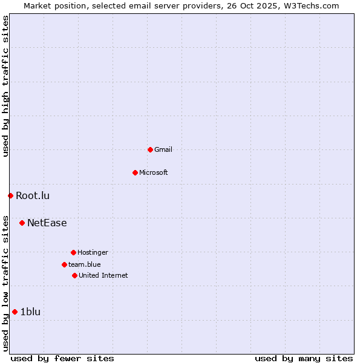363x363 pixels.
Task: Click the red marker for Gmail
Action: coord(150,149)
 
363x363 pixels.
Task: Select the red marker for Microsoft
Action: coord(135,172)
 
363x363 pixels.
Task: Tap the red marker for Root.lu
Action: coord(10,195)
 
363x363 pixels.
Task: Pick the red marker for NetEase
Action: coord(22,223)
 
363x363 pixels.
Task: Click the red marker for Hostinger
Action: coord(73,252)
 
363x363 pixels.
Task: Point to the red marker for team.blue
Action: coord(64,264)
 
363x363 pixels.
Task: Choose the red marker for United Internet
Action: coord(74,275)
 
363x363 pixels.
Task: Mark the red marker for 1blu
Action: coord(15,312)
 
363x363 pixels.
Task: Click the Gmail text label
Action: coord(163,149)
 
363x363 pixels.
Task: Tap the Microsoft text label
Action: coord(154,172)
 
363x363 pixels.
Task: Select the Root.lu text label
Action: coord(33,195)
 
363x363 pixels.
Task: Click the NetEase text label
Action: coord(47,223)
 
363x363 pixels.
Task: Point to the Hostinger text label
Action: coord(93,252)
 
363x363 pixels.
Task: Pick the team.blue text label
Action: coord(85,264)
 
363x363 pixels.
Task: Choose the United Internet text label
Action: coord(103,275)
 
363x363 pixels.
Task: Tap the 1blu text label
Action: coord(30,312)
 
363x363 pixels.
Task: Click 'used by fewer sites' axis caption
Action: coord(62,358)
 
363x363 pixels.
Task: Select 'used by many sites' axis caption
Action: coord(304,358)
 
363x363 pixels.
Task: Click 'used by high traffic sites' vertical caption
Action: coord(6,86)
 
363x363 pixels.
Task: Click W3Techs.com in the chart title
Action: coord(311,5)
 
